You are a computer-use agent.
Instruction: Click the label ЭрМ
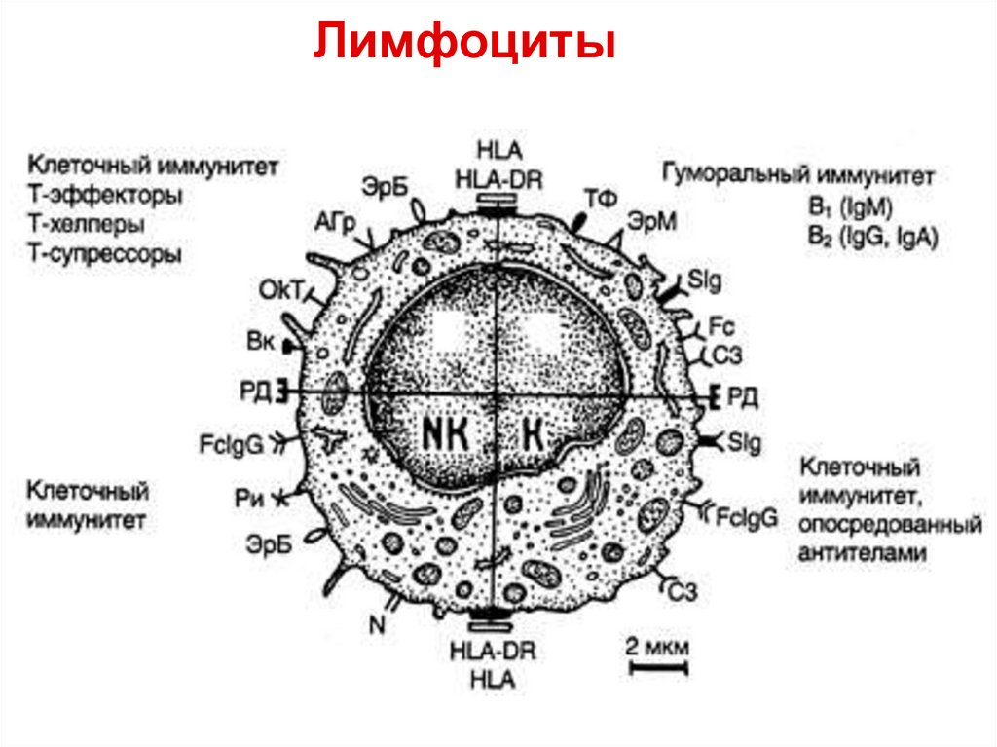click(x=651, y=221)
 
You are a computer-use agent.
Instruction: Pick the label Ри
click(x=248, y=497)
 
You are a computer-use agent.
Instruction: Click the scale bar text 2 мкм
click(x=657, y=647)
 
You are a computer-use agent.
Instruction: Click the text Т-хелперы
click(x=87, y=224)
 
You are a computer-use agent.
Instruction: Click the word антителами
click(x=860, y=552)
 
